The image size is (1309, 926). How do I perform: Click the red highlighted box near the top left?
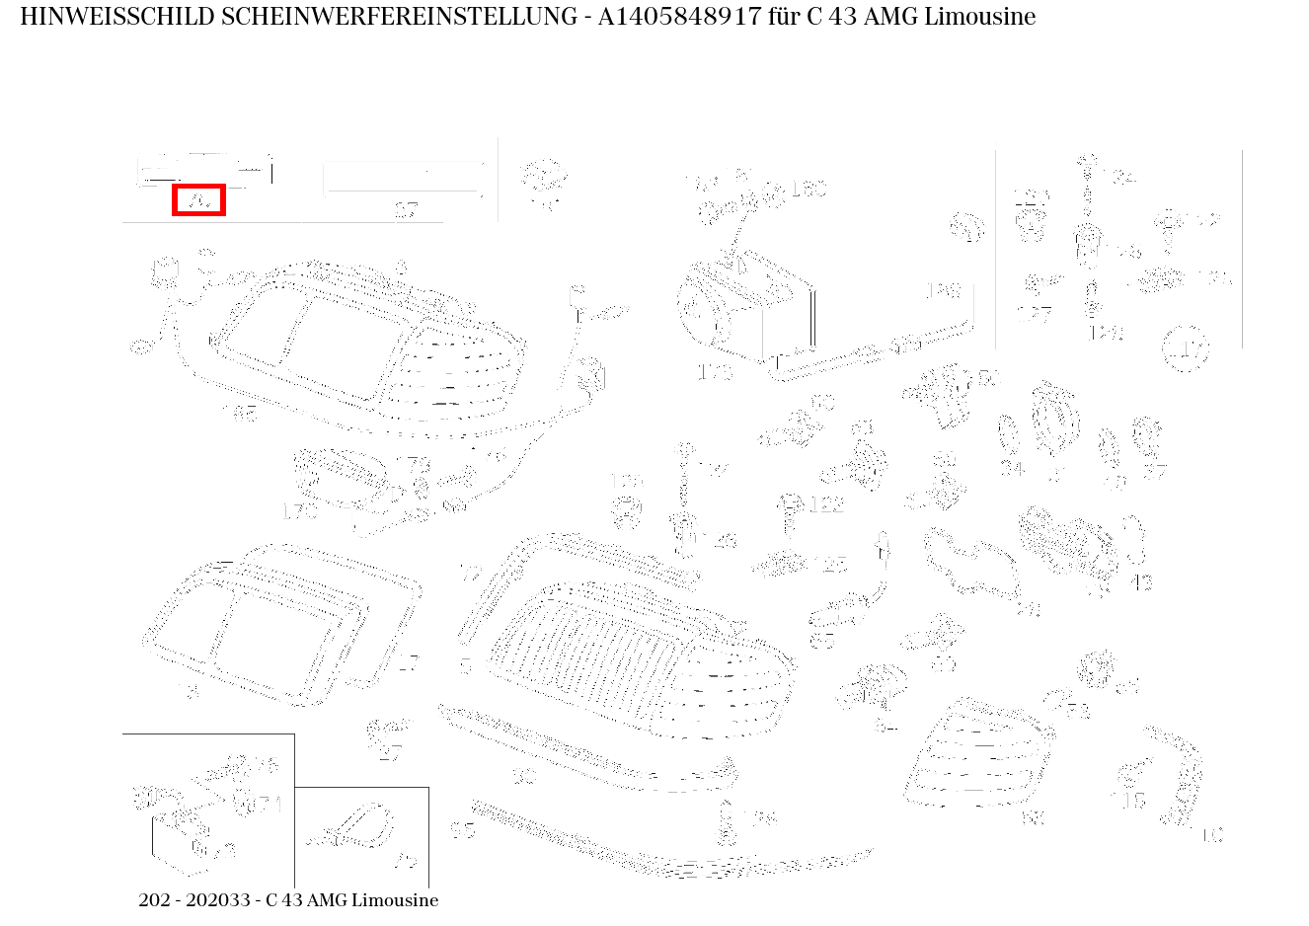[x=198, y=199]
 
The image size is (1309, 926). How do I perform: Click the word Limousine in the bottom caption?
[x=395, y=900]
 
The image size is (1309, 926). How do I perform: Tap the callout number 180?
[x=808, y=188]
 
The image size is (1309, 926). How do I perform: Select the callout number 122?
[x=826, y=505]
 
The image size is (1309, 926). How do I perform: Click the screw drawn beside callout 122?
[x=789, y=509]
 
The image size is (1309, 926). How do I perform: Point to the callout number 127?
[x=1034, y=314]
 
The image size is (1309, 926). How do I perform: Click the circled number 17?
[x=1186, y=348]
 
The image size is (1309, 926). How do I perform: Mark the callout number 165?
[x=239, y=413]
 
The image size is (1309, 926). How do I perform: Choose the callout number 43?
[x=1141, y=582]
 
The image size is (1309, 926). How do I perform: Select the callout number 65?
[x=821, y=640]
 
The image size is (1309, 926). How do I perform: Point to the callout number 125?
[x=834, y=566]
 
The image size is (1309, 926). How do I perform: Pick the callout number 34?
[x=1011, y=468]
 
